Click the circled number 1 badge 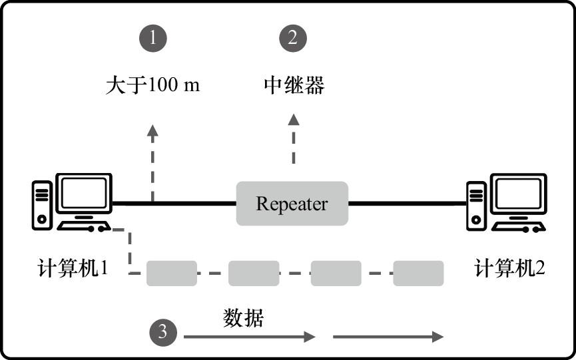tap(153, 39)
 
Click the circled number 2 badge tap(292, 39)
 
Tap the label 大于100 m tap(152, 86)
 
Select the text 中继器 tap(292, 86)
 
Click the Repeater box tap(292, 203)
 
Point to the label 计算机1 tap(73, 270)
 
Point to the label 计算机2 tap(510, 270)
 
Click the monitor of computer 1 tap(85, 195)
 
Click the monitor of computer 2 tap(518, 195)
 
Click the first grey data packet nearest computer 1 tap(172, 273)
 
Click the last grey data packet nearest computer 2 tap(418, 273)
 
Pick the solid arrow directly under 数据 tap(248, 337)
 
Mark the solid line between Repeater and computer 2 tap(407, 203)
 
